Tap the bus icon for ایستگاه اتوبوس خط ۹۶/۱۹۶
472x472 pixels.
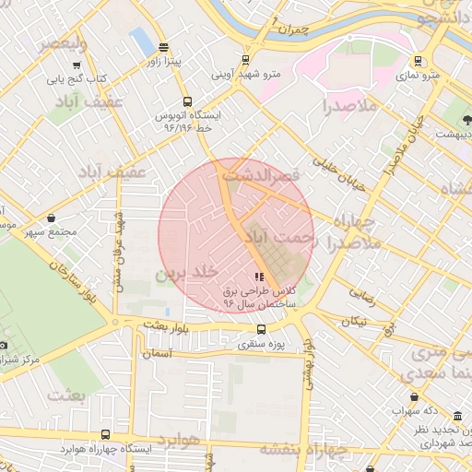pos(188,102)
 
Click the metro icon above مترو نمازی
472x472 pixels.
pos(419,62)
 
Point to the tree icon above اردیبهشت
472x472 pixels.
pos(467,121)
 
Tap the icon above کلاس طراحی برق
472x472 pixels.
pos(258,277)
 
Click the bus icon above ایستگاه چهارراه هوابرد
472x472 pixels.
pos(105,434)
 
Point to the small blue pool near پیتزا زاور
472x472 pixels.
pos(142,41)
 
